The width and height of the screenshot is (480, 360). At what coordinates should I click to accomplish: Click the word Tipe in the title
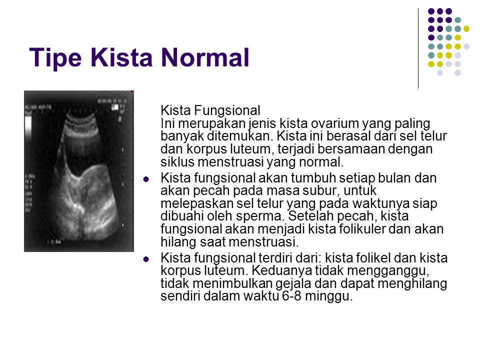55,57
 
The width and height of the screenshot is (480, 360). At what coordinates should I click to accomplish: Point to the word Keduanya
282,270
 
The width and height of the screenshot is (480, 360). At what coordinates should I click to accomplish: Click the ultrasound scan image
78,171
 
